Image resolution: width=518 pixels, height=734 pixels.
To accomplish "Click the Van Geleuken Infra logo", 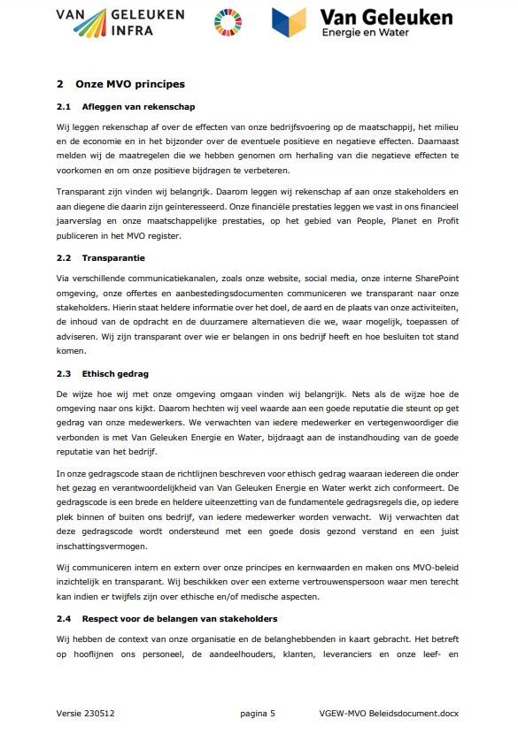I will (x=120, y=24).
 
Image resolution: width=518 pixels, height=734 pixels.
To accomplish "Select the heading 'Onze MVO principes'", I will (x=128, y=85).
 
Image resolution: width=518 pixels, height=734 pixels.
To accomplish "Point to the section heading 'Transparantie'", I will (x=113, y=258).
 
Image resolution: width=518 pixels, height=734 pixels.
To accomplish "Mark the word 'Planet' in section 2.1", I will (x=364, y=222).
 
